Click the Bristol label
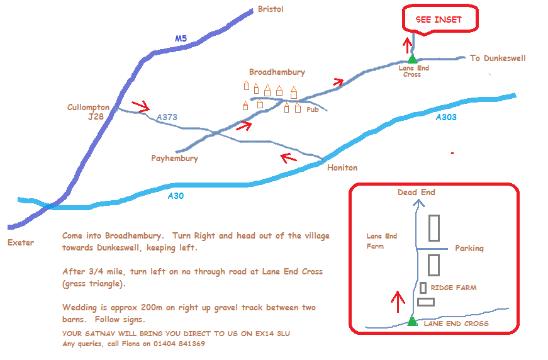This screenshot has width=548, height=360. click(x=271, y=9)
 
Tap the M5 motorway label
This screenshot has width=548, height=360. click(x=181, y=38)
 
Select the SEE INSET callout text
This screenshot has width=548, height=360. click(x=439, y=20)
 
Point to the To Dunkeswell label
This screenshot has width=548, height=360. click(x=498, y=58)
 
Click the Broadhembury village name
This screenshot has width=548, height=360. click(x=277, y=72)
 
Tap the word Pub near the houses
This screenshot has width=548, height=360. click(x=313, y=110)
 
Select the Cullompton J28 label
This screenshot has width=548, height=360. click(x=89, y=112)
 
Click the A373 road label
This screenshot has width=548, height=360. click(x=167, y=117)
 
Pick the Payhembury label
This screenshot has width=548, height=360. click(x=175, y=159)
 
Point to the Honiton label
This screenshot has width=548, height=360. click(x=342, y=168)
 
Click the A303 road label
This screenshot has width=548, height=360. click(x=446, y=118)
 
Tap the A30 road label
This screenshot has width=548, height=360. click(x=176, y=196)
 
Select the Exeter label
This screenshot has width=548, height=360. click(x=21, y=242)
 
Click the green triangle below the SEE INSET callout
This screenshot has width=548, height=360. click(x=412, y=59)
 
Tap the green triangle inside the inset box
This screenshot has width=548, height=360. click(x=412, y=321)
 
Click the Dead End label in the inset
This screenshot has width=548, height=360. click(x=417, y=192)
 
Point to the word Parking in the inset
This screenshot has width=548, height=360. click(x=469, y=249)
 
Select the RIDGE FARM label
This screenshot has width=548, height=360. click(x=454, y=288)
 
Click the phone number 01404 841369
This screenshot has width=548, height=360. click(x=179, y=344)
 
